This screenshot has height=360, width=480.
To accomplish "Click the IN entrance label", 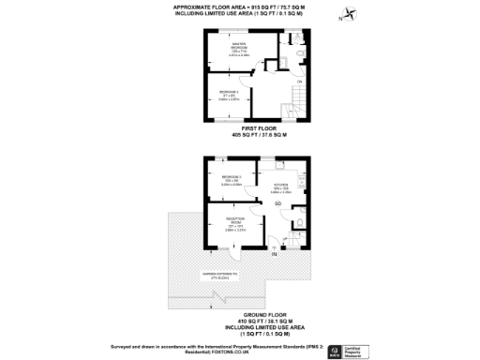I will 275,254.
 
